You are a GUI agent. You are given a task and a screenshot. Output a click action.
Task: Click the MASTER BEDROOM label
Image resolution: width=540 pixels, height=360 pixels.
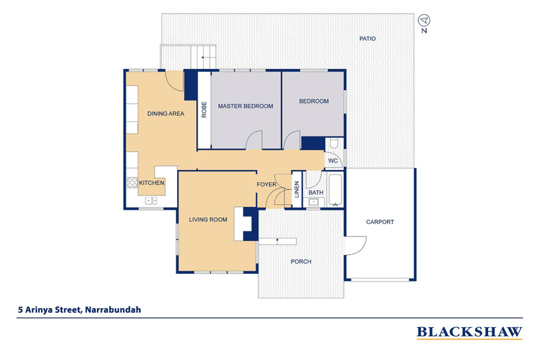point(245,107)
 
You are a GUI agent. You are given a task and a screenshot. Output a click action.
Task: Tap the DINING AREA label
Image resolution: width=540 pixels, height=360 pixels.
point(166,114)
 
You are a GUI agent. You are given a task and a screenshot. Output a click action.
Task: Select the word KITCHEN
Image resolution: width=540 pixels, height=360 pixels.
point(152,183)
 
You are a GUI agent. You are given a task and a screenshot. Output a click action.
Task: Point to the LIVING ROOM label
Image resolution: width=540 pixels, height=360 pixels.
point(208,220)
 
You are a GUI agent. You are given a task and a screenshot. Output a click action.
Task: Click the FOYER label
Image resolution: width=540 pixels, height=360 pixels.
point(267,185)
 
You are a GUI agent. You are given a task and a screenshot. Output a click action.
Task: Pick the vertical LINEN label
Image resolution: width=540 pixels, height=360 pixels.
point(297,189)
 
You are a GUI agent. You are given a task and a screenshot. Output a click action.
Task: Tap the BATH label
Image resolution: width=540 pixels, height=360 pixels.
point(316,193)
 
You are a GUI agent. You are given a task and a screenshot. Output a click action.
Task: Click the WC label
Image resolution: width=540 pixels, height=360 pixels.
point(333,161)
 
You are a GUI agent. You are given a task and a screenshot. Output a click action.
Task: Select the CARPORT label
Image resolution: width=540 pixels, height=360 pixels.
point(380,222)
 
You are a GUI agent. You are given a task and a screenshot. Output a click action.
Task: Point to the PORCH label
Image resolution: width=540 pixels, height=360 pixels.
point(301,262)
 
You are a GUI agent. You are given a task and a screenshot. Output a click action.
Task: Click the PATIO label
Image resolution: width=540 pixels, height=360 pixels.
point(368,39)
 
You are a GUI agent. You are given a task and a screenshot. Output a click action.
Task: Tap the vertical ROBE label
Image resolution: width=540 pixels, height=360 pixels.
point(204,109)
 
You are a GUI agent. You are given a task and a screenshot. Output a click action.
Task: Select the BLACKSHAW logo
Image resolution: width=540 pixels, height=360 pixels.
point(470,332)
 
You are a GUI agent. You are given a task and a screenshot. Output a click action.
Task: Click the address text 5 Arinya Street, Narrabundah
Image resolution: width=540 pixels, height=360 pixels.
point(80,309)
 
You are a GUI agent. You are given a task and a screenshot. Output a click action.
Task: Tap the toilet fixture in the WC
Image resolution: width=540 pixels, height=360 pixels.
point(334,145)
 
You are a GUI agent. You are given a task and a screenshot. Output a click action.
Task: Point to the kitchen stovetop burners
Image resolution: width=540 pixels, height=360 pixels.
point(131,183)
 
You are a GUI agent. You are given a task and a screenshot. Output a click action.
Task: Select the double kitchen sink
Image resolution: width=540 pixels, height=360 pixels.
point(152,201)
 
